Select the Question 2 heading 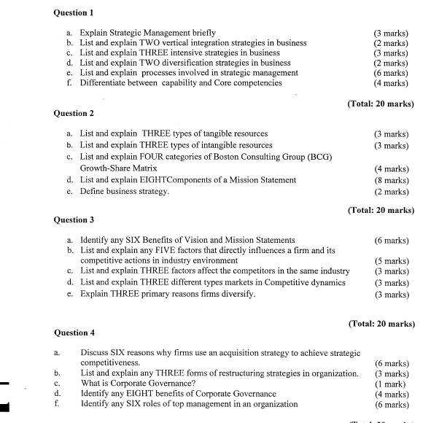click(74, 114)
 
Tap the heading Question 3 click(74, 220)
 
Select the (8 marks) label click(391, 179)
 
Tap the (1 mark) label click(392, 383)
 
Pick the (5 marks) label click(391, 260)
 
